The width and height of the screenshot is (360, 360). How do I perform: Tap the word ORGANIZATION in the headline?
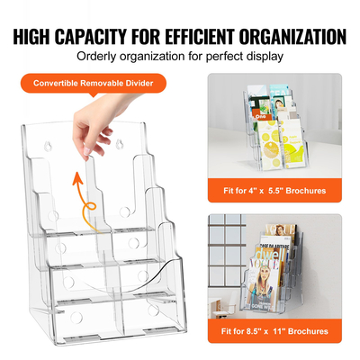[287, 37]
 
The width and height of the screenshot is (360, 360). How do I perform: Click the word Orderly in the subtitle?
[100, 57]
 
